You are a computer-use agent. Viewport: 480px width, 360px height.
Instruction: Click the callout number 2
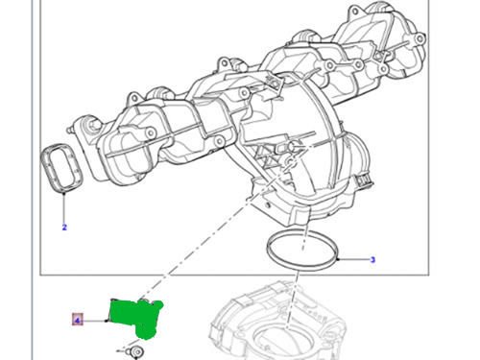click(x=63, y=228)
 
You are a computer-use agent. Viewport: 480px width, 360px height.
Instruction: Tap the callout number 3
click(x=372, y=259)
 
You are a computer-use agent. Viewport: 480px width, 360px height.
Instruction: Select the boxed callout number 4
click(x=77, y=319)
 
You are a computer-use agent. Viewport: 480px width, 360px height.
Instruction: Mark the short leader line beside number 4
click(x=96, y=319)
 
